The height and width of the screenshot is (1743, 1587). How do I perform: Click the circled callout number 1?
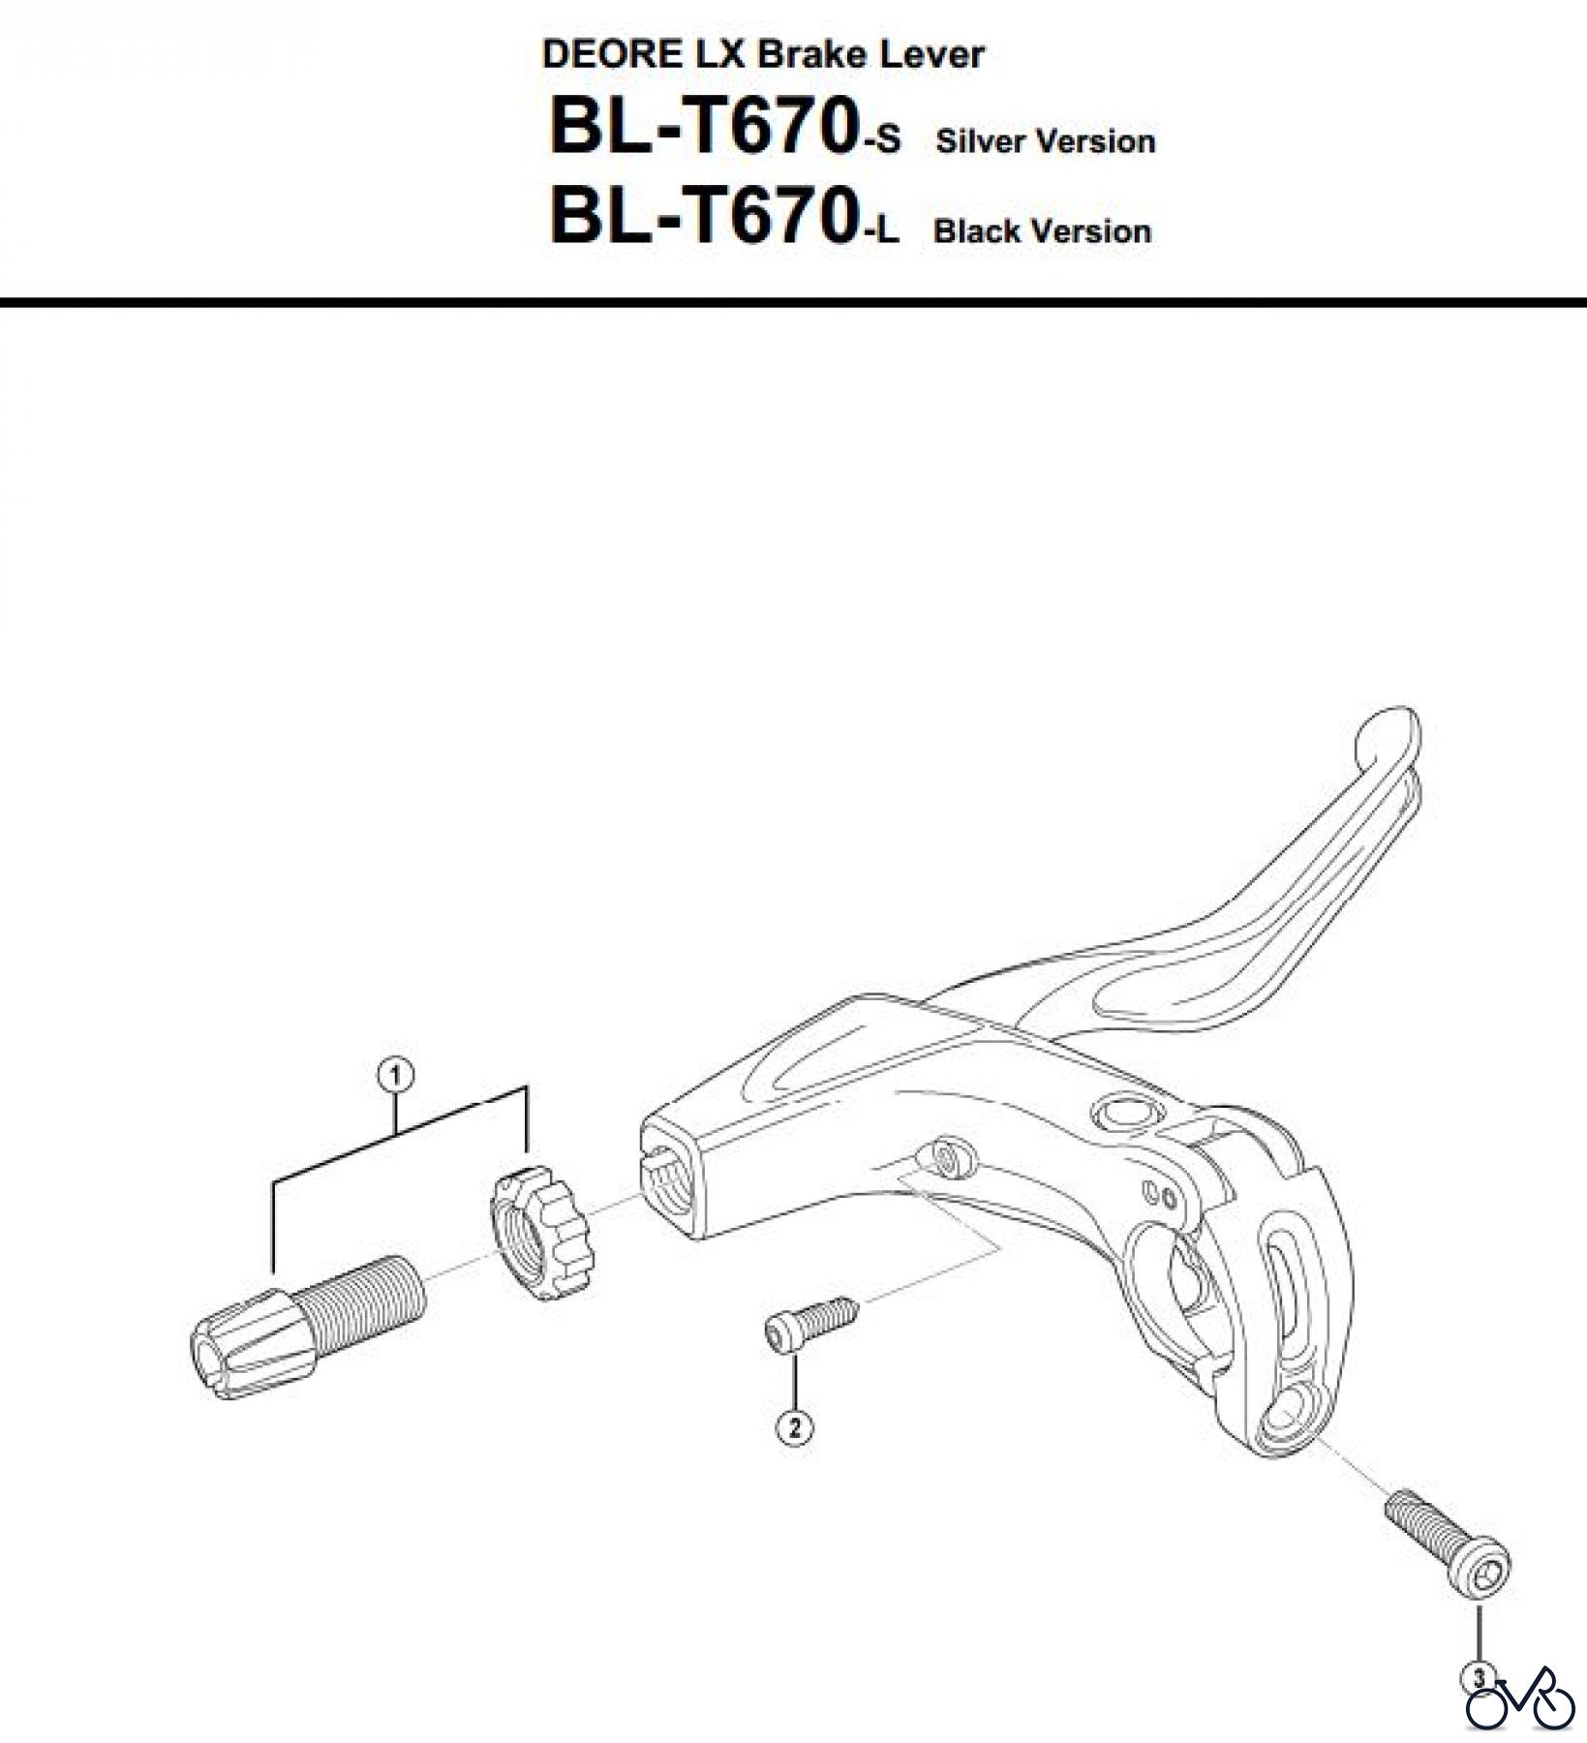pyautogui.click(x=396, y=1074)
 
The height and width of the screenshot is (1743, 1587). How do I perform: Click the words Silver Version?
pyautogui.click(x=1045, y=141)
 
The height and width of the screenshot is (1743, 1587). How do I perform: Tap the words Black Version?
pyautogui.click(x=1042, y=231)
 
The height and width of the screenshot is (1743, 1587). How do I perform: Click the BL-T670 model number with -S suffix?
pyautogui.click(x=722, y=129)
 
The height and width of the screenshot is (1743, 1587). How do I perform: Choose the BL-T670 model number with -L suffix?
pyautogui.click(x=722, y=218)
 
